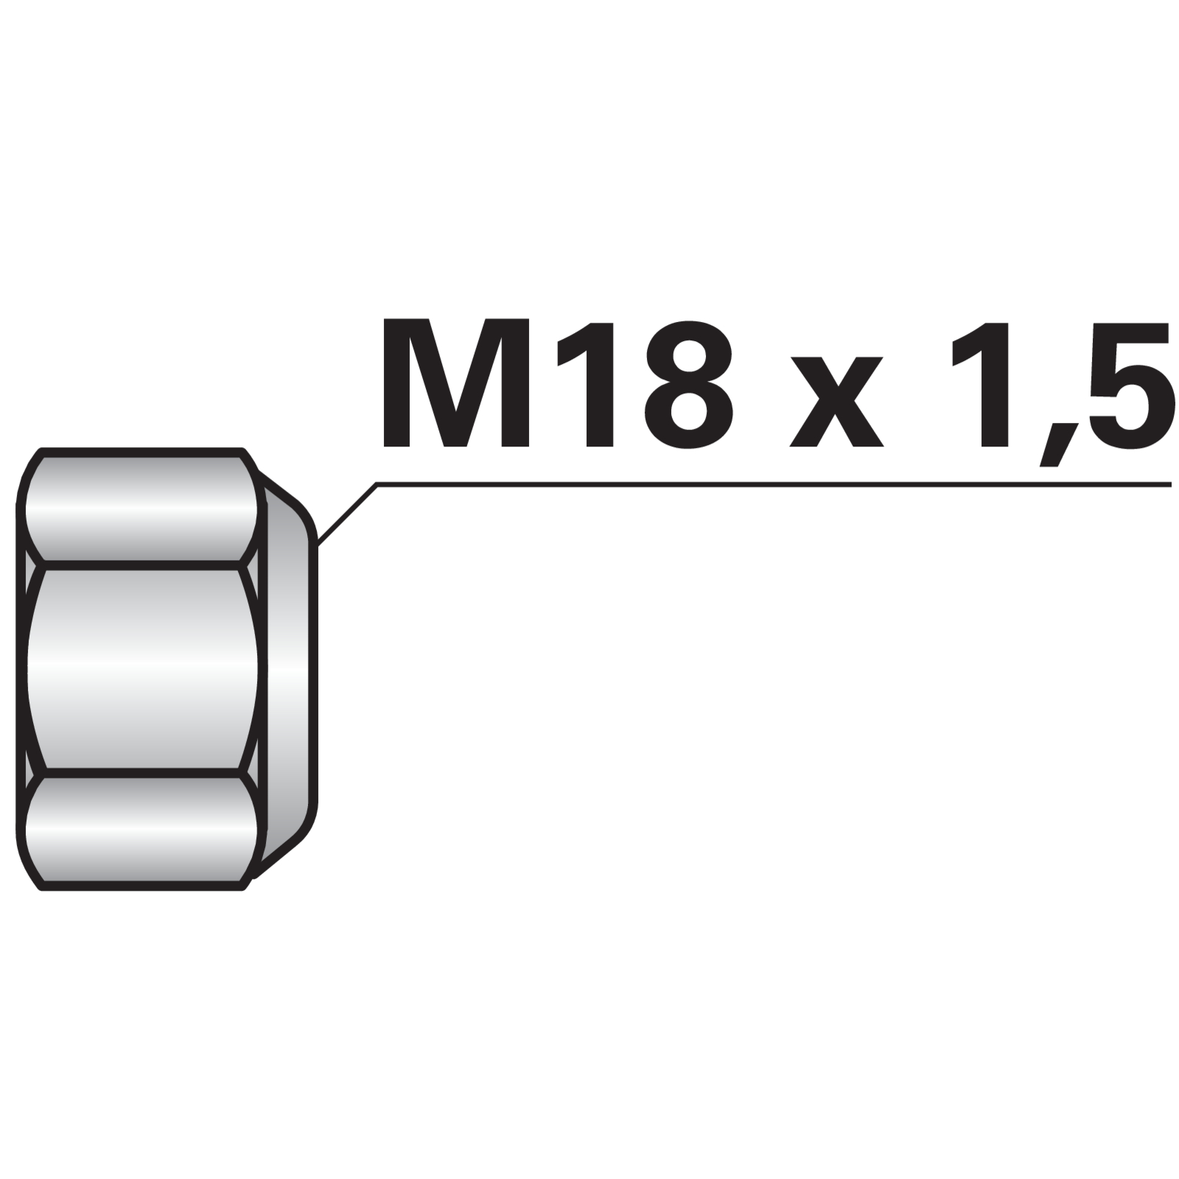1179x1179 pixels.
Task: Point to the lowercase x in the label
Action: tap(836, 402)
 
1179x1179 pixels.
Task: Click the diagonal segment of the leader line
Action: tap(347, 514)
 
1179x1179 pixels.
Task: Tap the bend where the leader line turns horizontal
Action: tap(377, 484)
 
